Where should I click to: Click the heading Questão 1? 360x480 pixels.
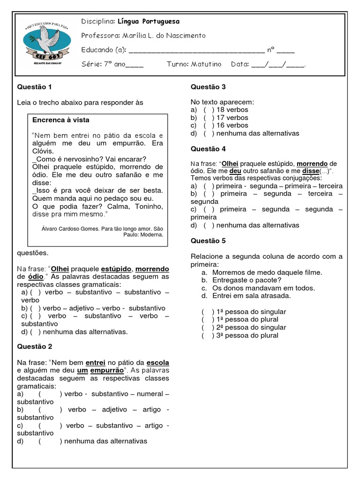coord(34,87)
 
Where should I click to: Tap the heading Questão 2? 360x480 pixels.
coord(34,346)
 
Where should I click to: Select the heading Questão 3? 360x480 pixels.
coord(208,87)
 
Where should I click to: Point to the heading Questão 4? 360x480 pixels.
coord(208,149)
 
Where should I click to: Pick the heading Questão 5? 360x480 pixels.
coord(208,240)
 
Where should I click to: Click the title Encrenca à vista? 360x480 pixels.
coord(60,120)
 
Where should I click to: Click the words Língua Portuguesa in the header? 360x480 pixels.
coord(148,22)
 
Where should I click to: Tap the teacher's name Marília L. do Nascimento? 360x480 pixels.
coord(164,36)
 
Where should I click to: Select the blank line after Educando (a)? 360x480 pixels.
coord(196,50)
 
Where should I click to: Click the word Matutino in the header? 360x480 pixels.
coord(206,64)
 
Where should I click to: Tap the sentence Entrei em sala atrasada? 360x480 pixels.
coord(251,296)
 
